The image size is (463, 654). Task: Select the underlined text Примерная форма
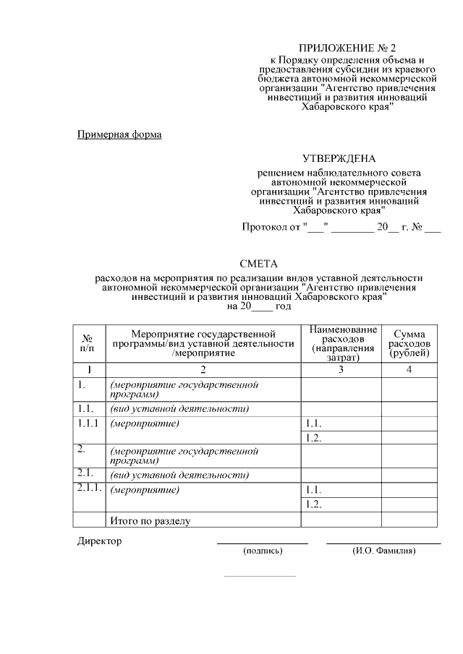point(119,134)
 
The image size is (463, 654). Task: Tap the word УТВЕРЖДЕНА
point(339,158)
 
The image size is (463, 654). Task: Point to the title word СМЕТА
point(258,264)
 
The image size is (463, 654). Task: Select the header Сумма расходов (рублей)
point(409,343)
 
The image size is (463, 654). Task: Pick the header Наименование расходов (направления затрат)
point(341,343)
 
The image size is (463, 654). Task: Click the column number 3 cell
point(341,369)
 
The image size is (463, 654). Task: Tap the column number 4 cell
point(409,369)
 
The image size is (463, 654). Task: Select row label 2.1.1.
point(89,489)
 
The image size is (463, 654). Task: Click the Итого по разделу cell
point(149,520)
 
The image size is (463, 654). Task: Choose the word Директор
point(100,541)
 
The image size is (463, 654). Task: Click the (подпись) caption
point(263,551)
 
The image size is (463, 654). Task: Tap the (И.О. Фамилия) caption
point(384,551)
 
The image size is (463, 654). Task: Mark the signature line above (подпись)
point(263,543)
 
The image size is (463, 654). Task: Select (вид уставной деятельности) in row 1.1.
point(179,409)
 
